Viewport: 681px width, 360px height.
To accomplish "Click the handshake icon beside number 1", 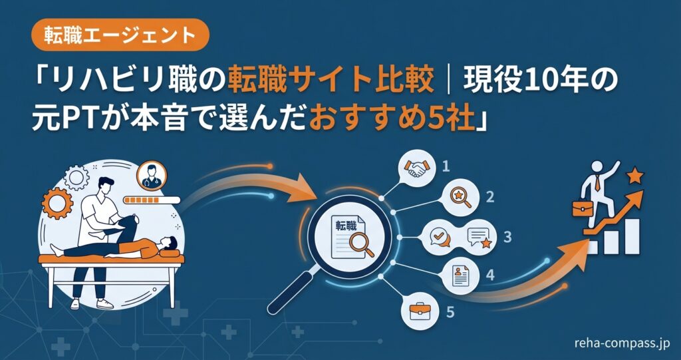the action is [416, 168].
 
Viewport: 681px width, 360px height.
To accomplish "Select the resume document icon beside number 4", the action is [460, 275].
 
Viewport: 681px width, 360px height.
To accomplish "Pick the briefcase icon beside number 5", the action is [420, 311].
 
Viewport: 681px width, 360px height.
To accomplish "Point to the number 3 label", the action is [507, 237].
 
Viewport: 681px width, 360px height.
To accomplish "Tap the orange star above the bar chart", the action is [635, 176].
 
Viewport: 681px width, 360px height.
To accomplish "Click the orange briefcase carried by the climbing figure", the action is [581, 208].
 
